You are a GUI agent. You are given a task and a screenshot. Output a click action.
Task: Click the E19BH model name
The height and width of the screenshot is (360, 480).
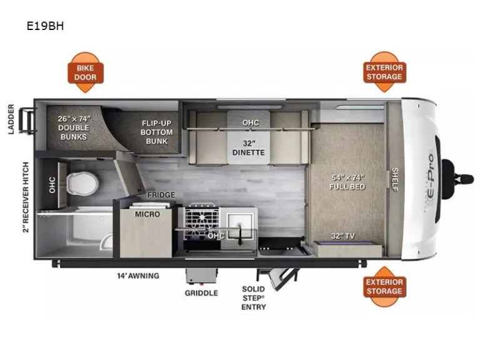pos(45,26)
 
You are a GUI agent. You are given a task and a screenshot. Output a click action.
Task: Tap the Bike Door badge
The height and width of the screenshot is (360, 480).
pos(86,72)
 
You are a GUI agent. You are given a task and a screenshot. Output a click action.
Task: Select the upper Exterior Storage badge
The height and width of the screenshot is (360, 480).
pos(384,72)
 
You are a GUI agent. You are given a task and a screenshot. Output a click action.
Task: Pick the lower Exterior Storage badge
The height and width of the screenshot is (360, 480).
pos(384,286)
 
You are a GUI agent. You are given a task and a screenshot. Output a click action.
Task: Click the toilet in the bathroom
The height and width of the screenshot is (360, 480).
pos(82,184)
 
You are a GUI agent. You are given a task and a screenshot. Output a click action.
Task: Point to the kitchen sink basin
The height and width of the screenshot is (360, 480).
pos(240,223)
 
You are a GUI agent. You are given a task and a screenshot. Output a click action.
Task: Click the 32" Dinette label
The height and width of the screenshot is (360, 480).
pos(248,147)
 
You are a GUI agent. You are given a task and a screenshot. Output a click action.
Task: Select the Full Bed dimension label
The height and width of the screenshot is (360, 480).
pos(347,182)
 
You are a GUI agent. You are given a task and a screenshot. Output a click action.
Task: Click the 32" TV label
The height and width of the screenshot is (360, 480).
pos(343,236)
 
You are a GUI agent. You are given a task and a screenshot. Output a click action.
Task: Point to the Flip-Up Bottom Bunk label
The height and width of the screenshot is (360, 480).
pos(156,132)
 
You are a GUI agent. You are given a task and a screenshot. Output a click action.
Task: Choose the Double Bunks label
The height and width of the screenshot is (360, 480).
pos(74,127)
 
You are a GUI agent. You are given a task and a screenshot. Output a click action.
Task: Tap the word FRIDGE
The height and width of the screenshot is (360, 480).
pos(161,195)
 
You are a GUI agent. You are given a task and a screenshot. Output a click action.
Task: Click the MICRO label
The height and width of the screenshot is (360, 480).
pos(147,214)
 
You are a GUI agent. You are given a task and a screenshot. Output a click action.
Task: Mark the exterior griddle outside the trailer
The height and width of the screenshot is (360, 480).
pos(201,276)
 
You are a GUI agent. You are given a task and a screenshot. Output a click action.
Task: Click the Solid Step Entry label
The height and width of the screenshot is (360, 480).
pos(254,298)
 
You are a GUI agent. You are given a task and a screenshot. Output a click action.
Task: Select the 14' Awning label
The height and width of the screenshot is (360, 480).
pos(138,276)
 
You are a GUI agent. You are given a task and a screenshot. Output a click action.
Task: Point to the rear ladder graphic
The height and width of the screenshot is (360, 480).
pos(27,121)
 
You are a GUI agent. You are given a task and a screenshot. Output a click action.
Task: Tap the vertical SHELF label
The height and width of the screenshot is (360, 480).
pos(395,180)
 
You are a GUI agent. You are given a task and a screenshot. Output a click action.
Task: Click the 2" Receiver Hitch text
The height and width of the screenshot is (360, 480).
pos(26,197)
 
